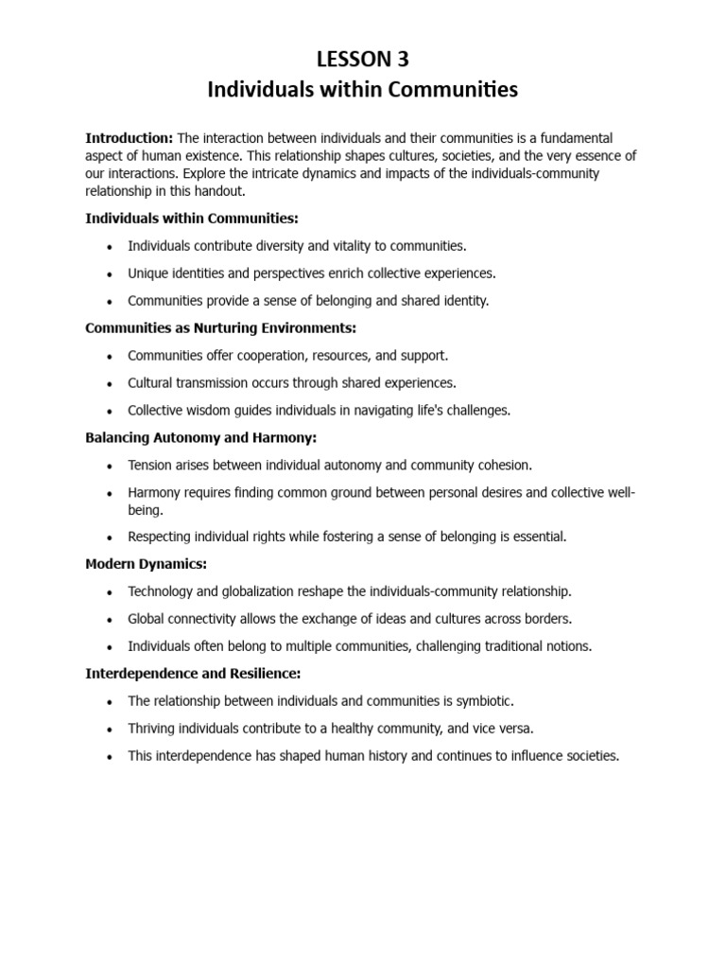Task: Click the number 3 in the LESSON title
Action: coord(404,60)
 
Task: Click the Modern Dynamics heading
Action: coord(146,564)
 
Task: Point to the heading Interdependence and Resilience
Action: coord(192,673)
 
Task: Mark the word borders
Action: coord(548,619)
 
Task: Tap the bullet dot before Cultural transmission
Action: coord(111,383)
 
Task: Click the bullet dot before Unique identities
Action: coord(111,274)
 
